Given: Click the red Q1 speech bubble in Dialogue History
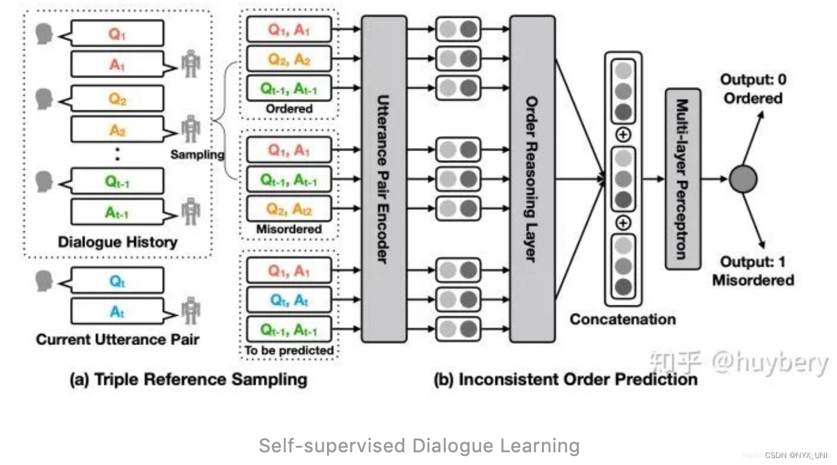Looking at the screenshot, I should [x=117, y=34].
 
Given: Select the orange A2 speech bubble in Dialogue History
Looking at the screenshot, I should [x=117, y=130].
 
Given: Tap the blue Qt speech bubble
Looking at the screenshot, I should [x=117, y=281].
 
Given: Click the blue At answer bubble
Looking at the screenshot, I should [x=117, y=311].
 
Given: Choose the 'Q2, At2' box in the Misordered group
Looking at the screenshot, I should [x=289, y=208].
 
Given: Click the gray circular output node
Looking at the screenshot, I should [x=743, y=180].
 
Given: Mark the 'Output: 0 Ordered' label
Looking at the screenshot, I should [x=752, y=90].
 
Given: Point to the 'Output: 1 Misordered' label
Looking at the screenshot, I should [x=753, y=271].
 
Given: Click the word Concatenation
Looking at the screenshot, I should [x=622, y=319].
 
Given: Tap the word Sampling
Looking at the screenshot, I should [x=197, y=154].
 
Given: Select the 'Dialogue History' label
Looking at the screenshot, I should [x=118, y=242].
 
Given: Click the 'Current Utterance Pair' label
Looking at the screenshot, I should [x=118, y=340].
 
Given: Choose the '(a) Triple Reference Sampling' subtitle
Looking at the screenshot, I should [x=188, y=380].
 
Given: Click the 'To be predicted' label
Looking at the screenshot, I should [x=289, y=350].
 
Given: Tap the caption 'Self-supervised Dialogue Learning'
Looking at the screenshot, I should [x=418, y=446].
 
